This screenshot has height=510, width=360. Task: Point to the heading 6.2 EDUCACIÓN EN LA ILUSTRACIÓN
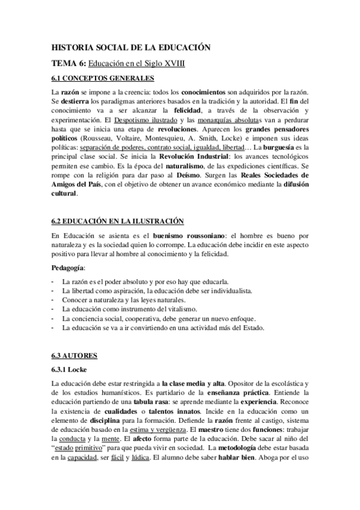pos(118,222)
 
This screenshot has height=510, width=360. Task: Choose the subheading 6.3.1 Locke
pos(70,369)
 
